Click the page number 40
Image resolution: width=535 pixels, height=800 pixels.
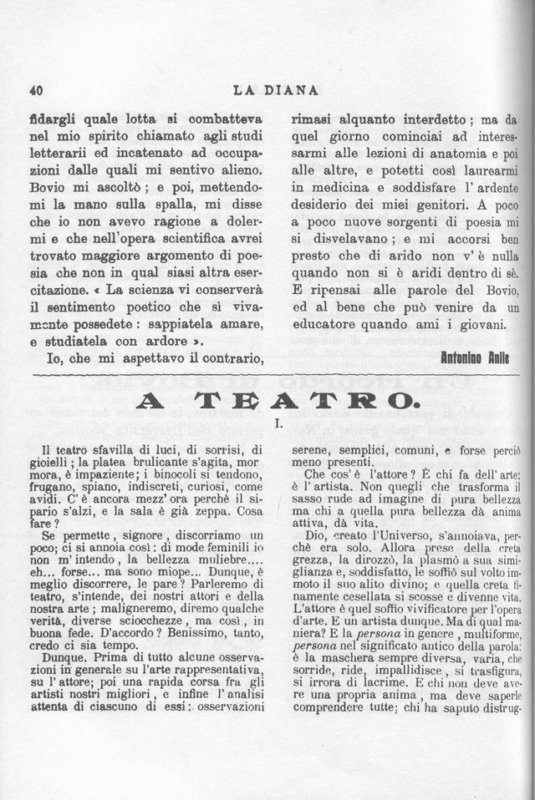35,90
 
